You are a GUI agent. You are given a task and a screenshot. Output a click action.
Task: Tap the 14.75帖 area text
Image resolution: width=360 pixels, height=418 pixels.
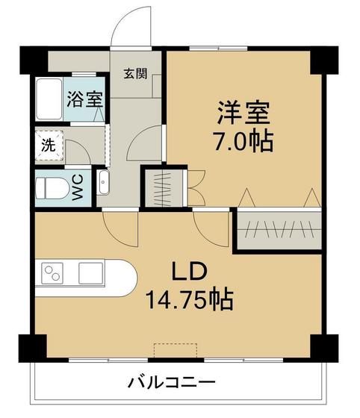click(190, 300)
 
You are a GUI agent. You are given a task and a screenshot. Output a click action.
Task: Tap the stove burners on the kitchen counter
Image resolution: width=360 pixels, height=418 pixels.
click(53, 273)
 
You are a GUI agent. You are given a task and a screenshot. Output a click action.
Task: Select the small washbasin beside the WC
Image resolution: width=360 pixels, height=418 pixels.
click(104, 182)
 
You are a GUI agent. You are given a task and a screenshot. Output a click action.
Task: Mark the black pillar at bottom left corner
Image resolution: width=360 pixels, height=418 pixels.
click(31, 347)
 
